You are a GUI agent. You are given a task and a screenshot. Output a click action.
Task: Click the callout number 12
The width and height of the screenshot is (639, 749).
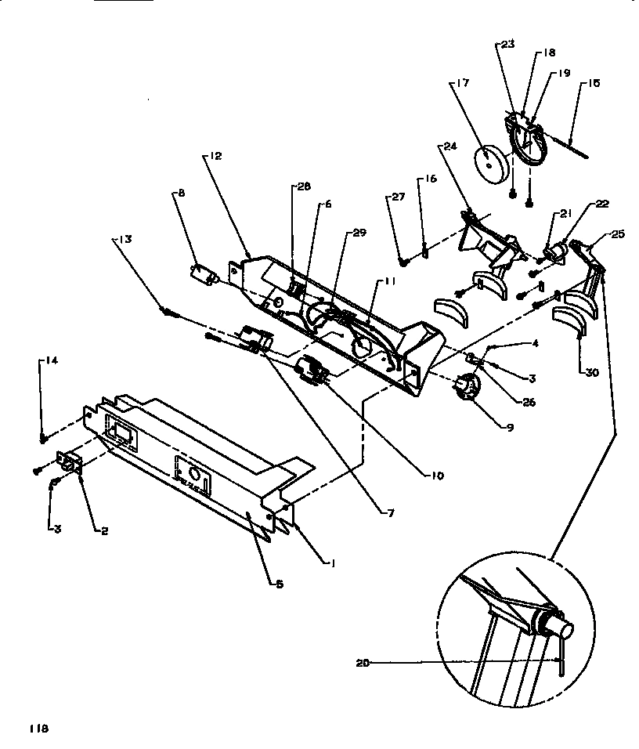215,156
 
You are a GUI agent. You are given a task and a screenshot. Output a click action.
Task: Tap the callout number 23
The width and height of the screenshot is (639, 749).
507,45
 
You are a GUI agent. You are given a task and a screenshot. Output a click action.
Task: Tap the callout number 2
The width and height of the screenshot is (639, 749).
103,530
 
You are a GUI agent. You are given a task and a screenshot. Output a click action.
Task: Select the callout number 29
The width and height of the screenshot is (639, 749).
359,234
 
